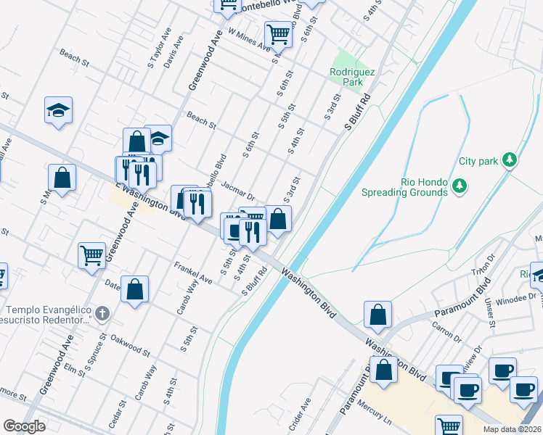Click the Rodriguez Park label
click(346, 77)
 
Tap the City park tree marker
click(510, 160)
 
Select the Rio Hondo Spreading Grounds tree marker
click(459, 187)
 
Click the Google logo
click(24, 426)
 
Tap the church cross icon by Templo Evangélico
click(102, 314)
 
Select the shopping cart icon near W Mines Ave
click(278, 33)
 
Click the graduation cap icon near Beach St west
click(59, 111)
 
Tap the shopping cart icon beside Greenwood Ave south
click(92, 254)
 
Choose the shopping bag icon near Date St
click(134, 289)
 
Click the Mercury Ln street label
click(377, 413)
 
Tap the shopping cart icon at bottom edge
click(449, 427)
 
